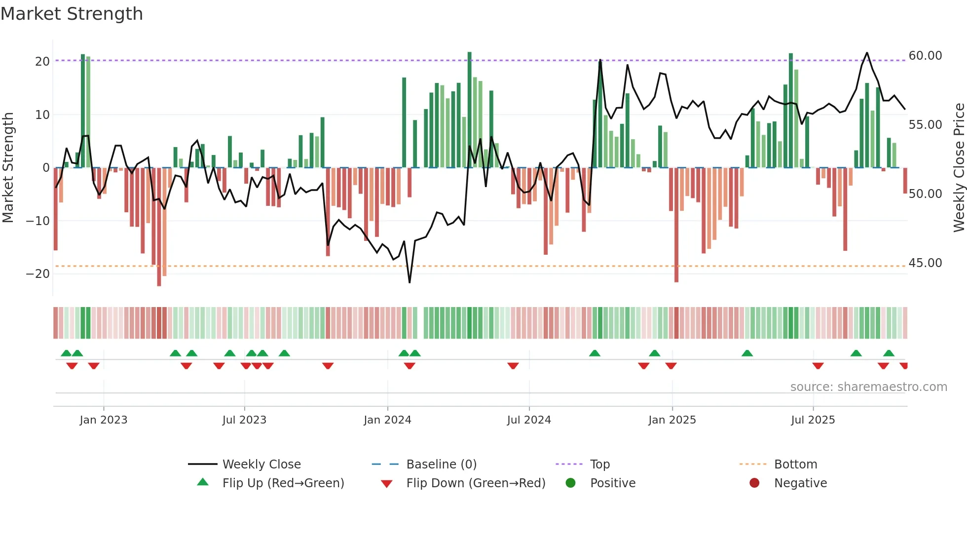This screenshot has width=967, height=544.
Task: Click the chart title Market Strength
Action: [x=72, y=14]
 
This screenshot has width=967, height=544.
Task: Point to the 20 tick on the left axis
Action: [x=42, y=62]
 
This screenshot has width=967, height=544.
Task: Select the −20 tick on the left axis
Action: [x=38, y=274]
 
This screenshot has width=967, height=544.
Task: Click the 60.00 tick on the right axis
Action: [x=925, y=56]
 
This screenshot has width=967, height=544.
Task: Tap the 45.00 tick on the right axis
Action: [x=925, y=263]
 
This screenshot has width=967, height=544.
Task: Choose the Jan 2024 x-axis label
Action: [x=387, y=420]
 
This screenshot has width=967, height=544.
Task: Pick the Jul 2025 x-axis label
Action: [x=813, y=420]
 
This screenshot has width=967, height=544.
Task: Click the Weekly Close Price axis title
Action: [x=958, y=168]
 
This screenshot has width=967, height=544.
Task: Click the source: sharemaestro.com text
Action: [x=868, y=387]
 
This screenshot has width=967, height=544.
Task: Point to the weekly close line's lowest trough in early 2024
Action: [x=409, y=282]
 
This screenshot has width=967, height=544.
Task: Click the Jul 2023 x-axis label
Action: [x=244, y=420]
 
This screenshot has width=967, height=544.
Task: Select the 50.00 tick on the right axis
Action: [x=925, y=194]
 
